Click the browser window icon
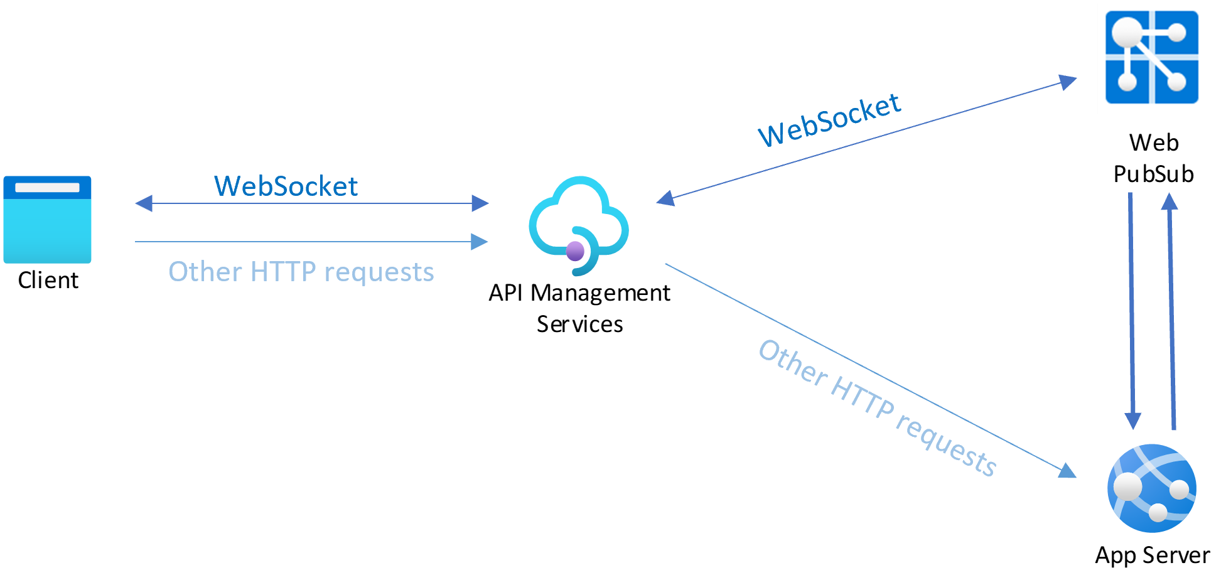(47, 220)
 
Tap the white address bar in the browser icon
(47, 187)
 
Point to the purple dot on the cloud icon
(575, 251)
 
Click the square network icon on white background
(1152, 58)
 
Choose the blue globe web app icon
(1152, 488)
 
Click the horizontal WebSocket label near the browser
(286, 186)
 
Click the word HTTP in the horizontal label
(283, 272)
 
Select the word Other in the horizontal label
(205, 272)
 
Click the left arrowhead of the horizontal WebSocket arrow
(144, 203)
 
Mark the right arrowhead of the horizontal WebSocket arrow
(480, 203)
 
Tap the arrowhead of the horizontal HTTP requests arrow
(480, 242)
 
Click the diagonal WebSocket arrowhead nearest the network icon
(1068, 82)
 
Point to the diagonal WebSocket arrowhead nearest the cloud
(665, 199)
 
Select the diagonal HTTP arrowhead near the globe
(1068, 471)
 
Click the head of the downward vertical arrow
(1133, 421)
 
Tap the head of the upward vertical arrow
(1170, 201)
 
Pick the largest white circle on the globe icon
(1127, 486)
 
